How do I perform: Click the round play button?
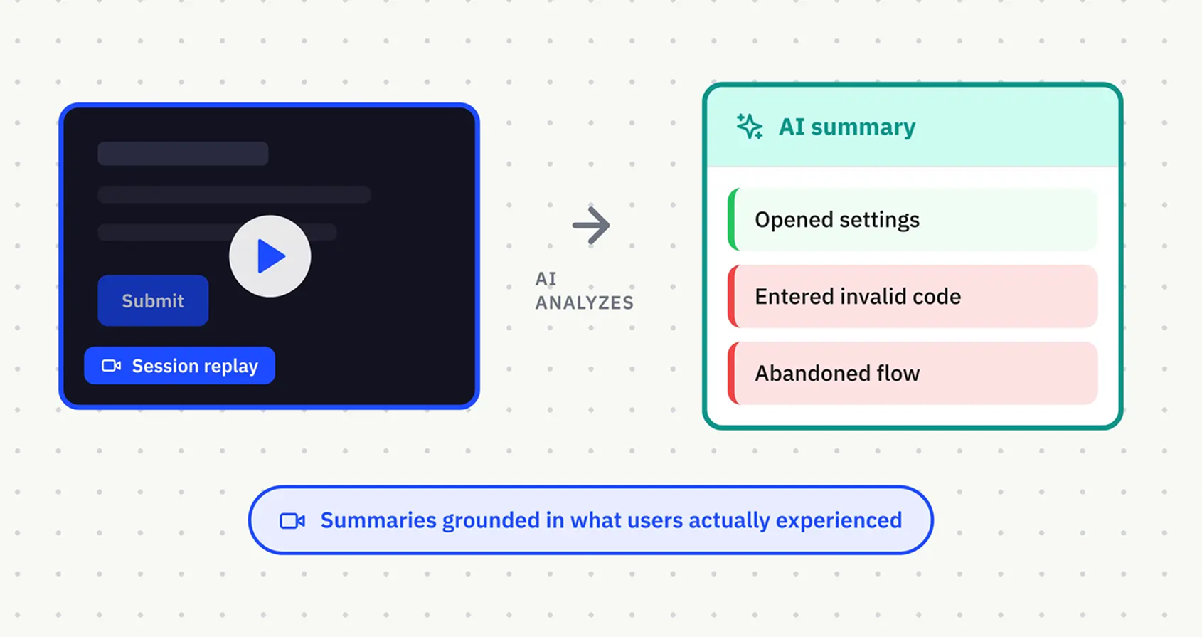[270, 256]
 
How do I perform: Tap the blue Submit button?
[153, 300]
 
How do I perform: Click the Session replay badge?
[179, 366]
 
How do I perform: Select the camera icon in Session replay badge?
[111, 366]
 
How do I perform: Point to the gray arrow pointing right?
[591, 226]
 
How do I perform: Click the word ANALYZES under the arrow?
[584, 303]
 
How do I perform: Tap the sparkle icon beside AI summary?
[749, 127]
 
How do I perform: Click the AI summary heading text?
[846, 127]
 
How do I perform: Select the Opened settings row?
[913, 220]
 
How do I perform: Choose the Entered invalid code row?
[913, 297]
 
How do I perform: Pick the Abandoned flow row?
[913, 374]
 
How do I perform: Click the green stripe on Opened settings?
[732, 220]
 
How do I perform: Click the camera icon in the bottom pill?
[292, 521]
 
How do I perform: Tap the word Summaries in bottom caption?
[378, 521]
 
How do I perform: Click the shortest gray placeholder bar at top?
[183, 153]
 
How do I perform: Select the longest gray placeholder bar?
[234, 194]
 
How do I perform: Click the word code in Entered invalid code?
[937, 297]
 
